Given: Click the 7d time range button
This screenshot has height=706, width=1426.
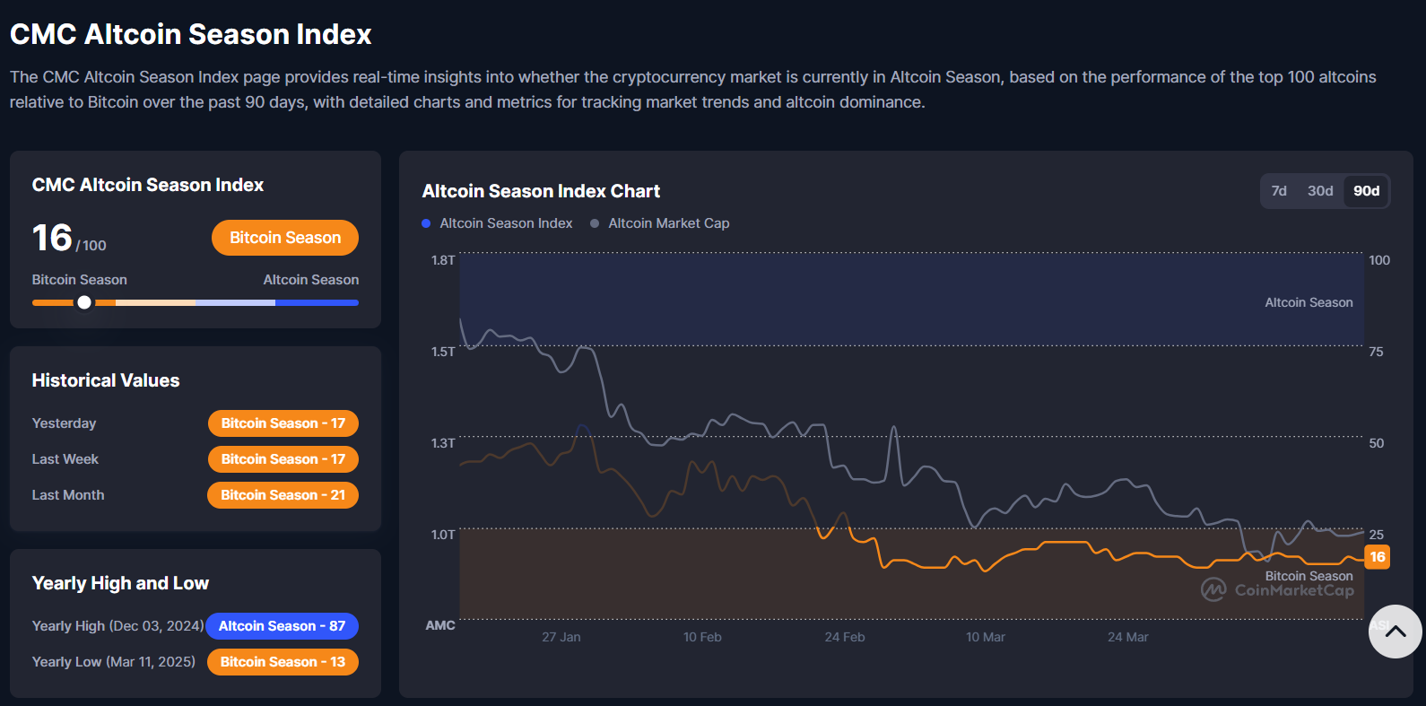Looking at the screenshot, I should coord(1279,191).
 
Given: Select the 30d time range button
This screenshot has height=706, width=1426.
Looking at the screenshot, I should coord(1320,191).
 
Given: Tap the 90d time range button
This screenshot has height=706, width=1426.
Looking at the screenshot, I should coord(1366,191).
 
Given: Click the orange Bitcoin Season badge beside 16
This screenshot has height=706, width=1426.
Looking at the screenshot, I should coord(285,238).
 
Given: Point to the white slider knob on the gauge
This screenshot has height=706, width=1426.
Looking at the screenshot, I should coord(84,302).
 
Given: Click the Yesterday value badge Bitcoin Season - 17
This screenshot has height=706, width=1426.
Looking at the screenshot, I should coord(283,423).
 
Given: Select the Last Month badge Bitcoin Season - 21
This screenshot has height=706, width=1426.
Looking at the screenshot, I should coord(283,495).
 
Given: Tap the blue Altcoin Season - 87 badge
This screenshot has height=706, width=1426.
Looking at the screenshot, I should coord(282,626).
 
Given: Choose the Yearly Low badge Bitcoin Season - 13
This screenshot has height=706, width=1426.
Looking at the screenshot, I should coord(283,662).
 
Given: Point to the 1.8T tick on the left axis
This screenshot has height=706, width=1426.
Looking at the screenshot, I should coord(443,260).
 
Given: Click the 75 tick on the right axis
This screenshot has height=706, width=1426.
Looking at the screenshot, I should coord(1376,352).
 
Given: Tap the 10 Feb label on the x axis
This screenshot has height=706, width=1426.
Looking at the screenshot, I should coord(702,637).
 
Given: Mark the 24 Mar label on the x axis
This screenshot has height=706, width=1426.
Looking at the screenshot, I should coord(1127,637).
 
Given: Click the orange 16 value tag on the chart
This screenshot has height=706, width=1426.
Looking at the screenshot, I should coord(1378,557).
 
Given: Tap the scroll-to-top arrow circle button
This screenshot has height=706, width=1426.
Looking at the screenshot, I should coord(1395,632).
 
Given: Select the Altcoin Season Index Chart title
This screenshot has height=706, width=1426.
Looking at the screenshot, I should coord(541,191).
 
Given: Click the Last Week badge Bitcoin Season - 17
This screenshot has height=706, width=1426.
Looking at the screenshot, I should coord(283,459).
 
